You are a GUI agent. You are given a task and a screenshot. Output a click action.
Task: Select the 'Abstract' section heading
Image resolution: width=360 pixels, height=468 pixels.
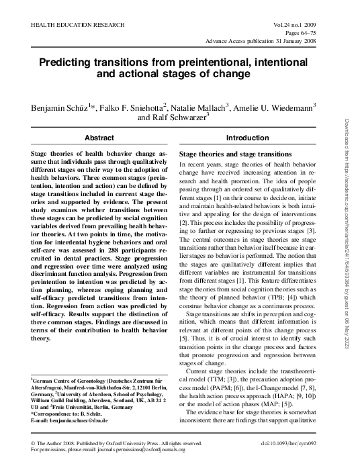[x=99, y=137]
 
